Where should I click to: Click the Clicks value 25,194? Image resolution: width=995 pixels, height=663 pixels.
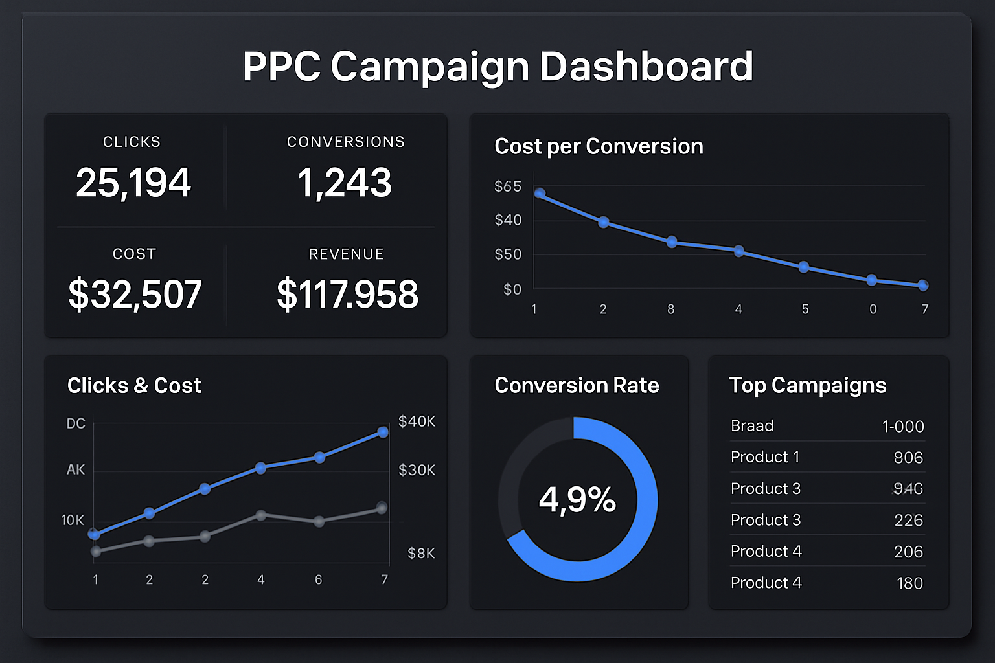[x=133, y=183]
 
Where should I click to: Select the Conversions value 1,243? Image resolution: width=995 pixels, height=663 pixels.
[x=345, y=183]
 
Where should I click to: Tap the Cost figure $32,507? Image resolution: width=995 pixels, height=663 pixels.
[x=135, y=295]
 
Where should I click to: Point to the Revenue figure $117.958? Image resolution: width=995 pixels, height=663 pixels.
[x=347, y=295]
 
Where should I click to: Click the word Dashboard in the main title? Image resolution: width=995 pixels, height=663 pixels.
[x=646, y=66]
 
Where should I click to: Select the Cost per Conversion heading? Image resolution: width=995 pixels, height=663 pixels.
[x=599, y=146]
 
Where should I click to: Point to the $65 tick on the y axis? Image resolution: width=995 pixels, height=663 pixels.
[x=508, y=186]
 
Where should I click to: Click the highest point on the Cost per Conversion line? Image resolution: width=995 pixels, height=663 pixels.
[x=540, y=193]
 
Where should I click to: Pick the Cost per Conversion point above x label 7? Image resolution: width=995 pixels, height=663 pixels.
[x=923, y=285]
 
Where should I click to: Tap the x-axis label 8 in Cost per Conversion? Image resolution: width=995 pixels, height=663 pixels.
[x=671, y=309]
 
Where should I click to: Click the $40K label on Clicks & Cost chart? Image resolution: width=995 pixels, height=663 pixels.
[x=417, y=421]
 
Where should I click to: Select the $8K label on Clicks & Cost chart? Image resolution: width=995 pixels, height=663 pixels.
[x=421, y=554]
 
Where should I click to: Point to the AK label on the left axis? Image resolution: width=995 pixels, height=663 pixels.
[x=76, y=469]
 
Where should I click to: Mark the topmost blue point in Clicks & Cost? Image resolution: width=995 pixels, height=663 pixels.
[x=383, y=432]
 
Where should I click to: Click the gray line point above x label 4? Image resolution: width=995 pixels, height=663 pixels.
[x=260, y=515]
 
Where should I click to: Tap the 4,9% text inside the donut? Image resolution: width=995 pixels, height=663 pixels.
[x=577, y=500]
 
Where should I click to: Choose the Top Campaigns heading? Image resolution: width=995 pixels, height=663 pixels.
[x=807, y=385]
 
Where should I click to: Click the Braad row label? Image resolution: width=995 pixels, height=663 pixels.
[x=752, y=426]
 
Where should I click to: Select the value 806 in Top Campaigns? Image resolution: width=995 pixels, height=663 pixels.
[x=908, y=458]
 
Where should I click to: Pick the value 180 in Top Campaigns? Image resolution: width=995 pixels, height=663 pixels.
[x=909, y=583]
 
